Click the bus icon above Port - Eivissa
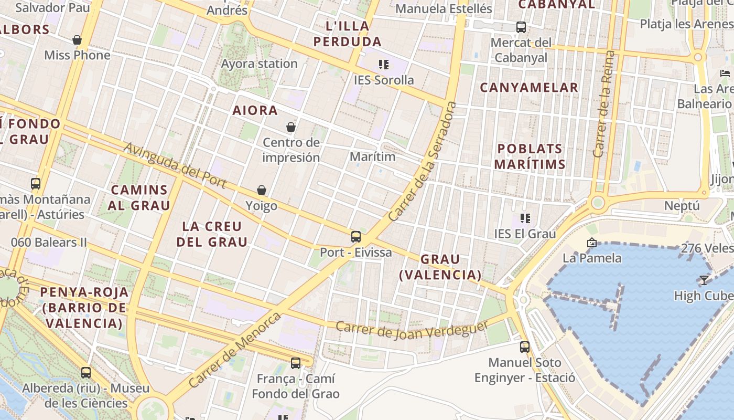tap(356, 237)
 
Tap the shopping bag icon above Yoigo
tap(261, 190)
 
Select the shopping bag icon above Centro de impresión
tap(291, 127)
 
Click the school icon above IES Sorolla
tap(384, 65)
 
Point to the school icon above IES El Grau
tap(525, 218)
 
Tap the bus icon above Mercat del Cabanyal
tap(521, 27)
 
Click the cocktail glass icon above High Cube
tap(704, 280)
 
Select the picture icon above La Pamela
tap(592, 243)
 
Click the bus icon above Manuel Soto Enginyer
tap(525, 347)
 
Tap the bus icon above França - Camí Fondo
tap(296, 363)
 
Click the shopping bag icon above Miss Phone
tap(77, 40)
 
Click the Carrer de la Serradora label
tap(422, 161)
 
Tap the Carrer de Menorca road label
tap(234, 350)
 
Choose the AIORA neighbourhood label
tap(255, 110)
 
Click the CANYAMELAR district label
tap(529, 87)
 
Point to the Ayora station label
tap(260, 64)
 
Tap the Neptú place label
tap(682, 205)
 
